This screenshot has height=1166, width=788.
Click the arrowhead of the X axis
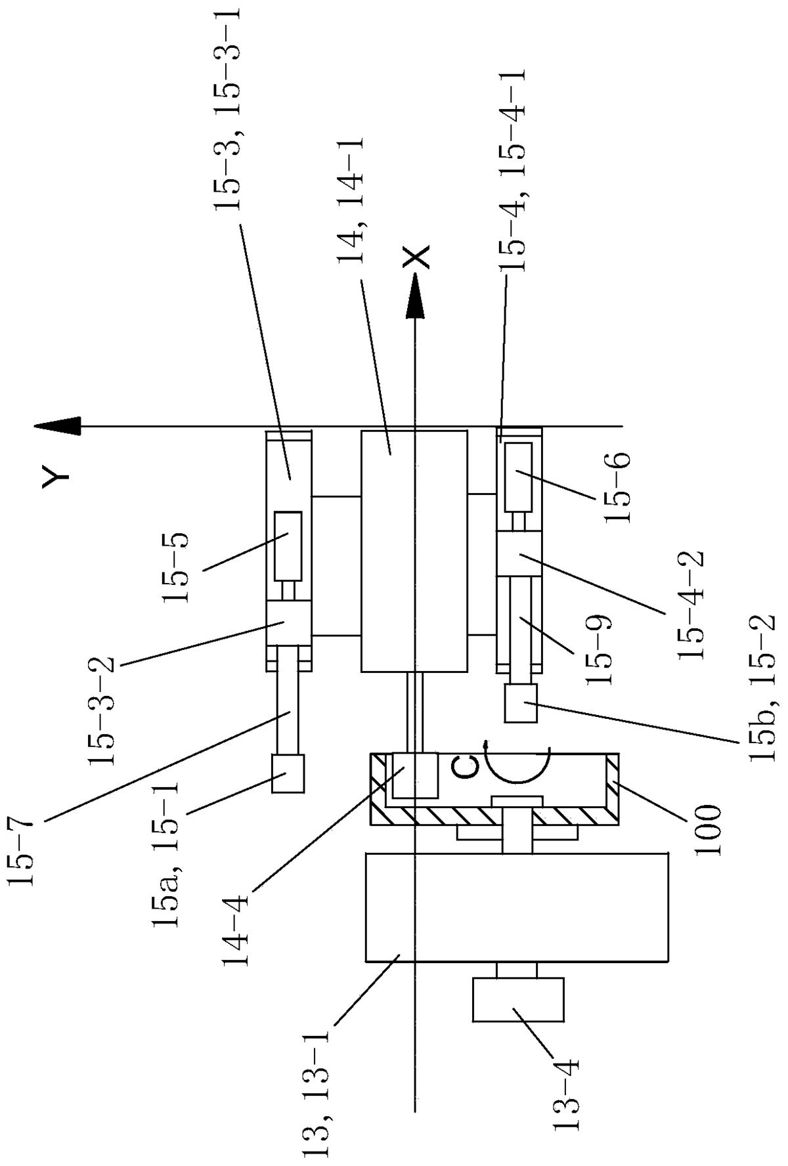[414, 295]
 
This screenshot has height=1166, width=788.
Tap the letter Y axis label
[55, 475]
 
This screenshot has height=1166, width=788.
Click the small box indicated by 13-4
[518, 999]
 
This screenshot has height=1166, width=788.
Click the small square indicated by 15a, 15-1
[288, 773]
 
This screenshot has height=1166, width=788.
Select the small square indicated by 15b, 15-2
[521, 703]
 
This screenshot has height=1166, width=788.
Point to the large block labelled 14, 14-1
[414, 551]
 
